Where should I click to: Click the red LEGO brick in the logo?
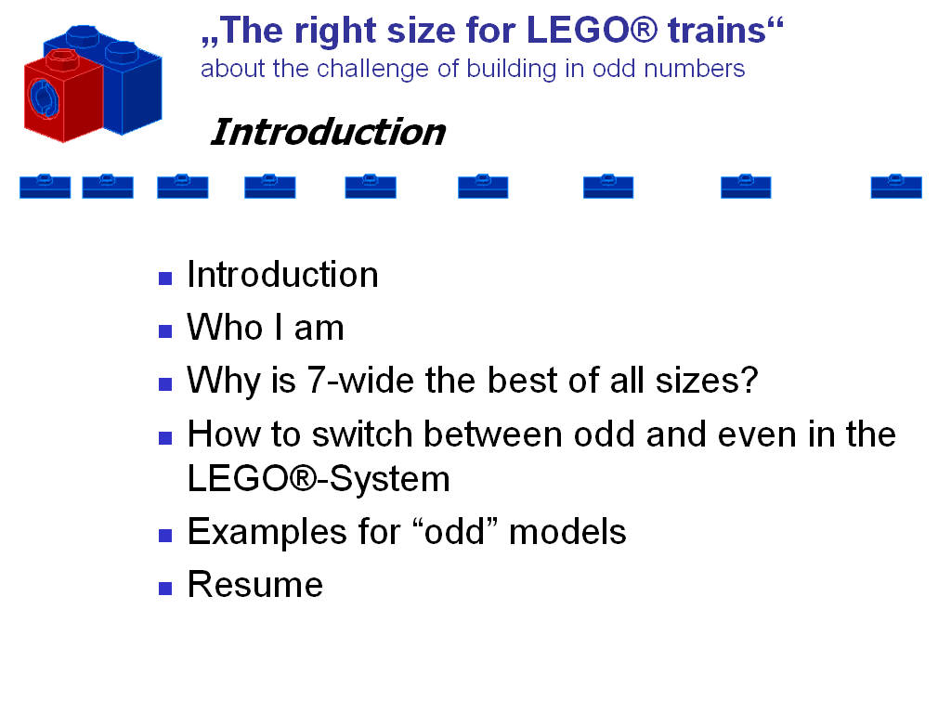(x=63, y=97)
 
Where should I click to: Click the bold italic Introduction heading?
(x=328, y=132)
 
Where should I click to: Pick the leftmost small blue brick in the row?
(x=45, y=186)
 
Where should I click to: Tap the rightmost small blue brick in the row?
(x=896, y=186)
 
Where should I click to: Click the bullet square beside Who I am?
(x=165, y=330)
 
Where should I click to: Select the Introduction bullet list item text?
(x=282, y=275)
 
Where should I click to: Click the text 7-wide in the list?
(x=350, y=381)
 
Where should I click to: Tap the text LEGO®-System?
(x=319, y=479)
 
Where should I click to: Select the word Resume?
(x=254, y=585)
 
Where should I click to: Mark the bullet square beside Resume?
(x=165, y=587)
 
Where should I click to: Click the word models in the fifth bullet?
(x=567, y=532)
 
